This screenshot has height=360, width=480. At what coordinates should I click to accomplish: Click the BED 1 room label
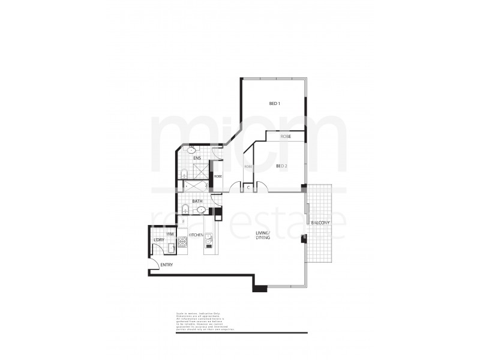click(275, 104)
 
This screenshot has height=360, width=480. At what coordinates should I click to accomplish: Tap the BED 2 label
click(282, 166)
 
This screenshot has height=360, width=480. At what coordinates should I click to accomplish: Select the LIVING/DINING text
click(263, 236)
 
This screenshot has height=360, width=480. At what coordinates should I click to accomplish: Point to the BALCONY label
click(320, 223)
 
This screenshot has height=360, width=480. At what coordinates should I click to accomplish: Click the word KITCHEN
click(196, 235)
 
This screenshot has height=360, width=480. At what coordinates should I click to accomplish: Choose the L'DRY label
click(158, 239)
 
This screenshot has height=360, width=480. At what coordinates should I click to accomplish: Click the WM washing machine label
click(170, 233)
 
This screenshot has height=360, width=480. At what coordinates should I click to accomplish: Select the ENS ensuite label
click(197, 158)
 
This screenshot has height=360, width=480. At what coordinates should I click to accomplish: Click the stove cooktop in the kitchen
click(182, 241)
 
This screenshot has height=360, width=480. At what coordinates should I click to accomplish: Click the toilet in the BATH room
click(186, 210)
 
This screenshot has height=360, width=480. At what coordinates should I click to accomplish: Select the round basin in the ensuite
click(192, 149)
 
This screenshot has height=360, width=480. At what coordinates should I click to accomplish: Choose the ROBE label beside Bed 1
click(285, 137)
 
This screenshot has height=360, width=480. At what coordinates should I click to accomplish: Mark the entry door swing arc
click(152, 264)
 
